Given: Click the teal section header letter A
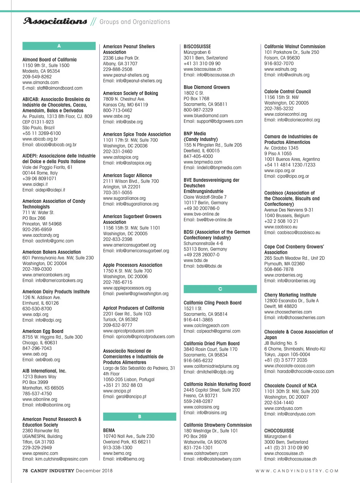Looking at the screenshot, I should point(59,46).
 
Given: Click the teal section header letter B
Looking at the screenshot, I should point(139,416).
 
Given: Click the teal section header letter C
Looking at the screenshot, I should point(220,289).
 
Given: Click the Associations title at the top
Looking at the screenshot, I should point(55,21).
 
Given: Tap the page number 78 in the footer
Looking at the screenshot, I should point(25,471).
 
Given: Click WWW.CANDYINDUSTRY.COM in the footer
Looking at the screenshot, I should point(297,471).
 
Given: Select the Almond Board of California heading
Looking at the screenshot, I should point(49,60).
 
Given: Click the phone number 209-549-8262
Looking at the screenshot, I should point(37,77).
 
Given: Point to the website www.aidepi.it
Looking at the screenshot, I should point(35,184).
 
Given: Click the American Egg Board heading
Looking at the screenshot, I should point(43,331).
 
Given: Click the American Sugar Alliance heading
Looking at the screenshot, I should point(127,175).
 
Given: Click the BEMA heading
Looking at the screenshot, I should point(109,430).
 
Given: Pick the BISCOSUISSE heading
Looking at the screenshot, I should point(197,46).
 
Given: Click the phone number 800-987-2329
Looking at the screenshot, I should point(198,110).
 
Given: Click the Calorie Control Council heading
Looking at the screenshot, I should point(287,91).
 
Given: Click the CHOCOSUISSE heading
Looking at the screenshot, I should point(279,431).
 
